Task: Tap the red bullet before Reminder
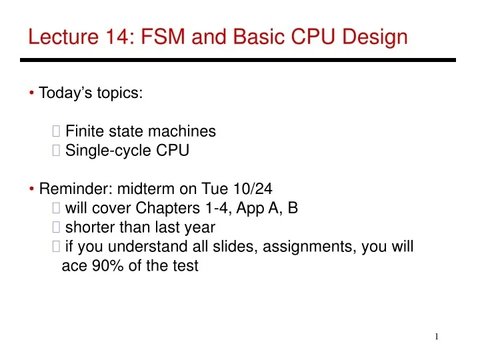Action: pos(32,189)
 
